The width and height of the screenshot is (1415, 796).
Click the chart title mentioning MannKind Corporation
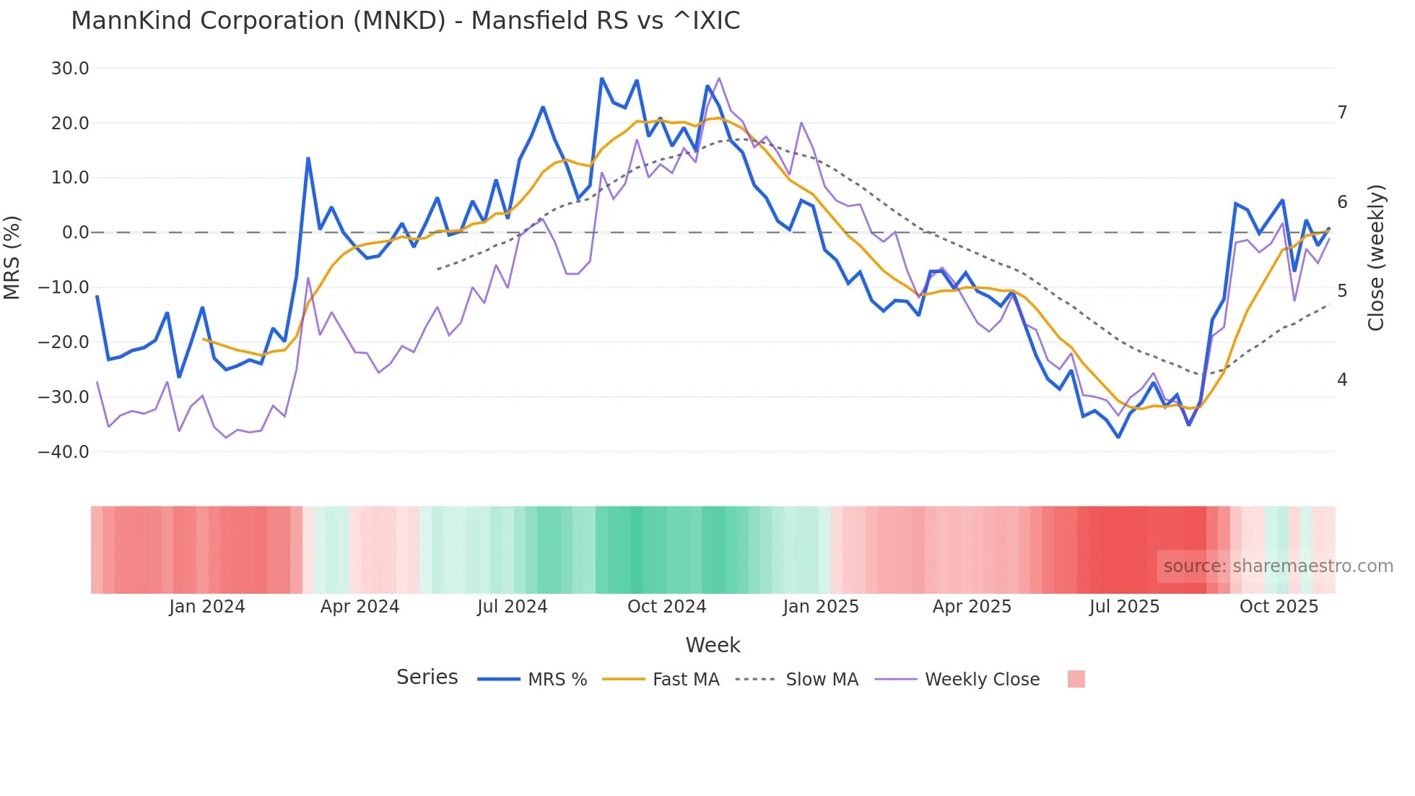pos(405,21)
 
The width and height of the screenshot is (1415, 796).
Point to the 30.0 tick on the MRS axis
pos(70,69)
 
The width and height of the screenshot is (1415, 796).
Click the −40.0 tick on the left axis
pos(64,452)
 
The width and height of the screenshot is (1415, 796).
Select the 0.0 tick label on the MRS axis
pos(75,233)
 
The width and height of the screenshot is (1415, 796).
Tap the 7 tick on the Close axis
pos(1342,113)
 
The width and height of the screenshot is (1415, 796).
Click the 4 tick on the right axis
pos(1342,380)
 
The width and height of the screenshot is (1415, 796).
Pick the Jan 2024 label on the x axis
pos(207,607)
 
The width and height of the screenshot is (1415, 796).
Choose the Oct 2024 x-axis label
pos(666,607)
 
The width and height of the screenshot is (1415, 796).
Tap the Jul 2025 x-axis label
pos(1124,607)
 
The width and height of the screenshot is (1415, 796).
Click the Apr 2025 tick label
pos(972,607)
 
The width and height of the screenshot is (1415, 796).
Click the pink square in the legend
pos(1076,679)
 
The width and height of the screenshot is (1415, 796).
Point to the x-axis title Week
pos(713,645)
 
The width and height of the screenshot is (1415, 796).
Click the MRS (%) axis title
pos(12,258)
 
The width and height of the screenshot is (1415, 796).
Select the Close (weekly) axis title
pos(1376,258)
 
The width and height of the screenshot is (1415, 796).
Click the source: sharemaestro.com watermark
pos(1278,566)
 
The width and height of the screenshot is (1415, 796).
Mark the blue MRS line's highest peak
pos(601,78)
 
